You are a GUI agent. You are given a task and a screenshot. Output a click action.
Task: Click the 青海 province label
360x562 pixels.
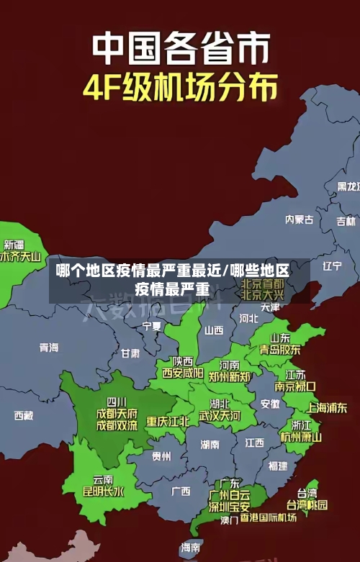49,348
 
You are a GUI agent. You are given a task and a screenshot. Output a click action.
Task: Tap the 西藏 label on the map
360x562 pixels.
24,415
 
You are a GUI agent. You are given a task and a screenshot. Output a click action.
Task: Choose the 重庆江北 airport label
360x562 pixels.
168,421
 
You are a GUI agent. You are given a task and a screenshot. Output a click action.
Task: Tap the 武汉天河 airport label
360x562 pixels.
220,416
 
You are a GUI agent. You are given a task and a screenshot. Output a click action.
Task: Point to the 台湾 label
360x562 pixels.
307,493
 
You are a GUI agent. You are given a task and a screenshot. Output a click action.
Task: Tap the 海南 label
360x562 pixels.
191,547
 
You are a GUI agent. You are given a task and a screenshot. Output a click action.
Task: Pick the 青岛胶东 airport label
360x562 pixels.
280,350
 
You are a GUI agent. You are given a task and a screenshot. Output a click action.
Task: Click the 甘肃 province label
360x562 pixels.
130,353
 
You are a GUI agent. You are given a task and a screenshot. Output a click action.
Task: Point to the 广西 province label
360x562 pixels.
181,491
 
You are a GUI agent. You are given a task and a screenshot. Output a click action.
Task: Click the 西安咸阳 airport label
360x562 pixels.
183,373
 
